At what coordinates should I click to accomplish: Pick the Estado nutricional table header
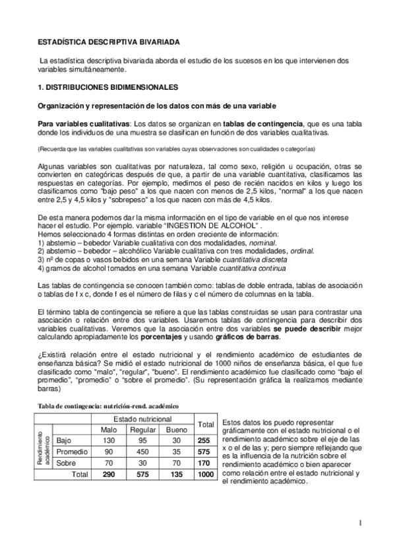(x=143, y=419)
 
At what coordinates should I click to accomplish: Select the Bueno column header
(x=179, y=429)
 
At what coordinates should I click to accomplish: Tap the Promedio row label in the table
(x=73, y=452)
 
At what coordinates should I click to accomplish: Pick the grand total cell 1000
(x=206, y=474)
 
